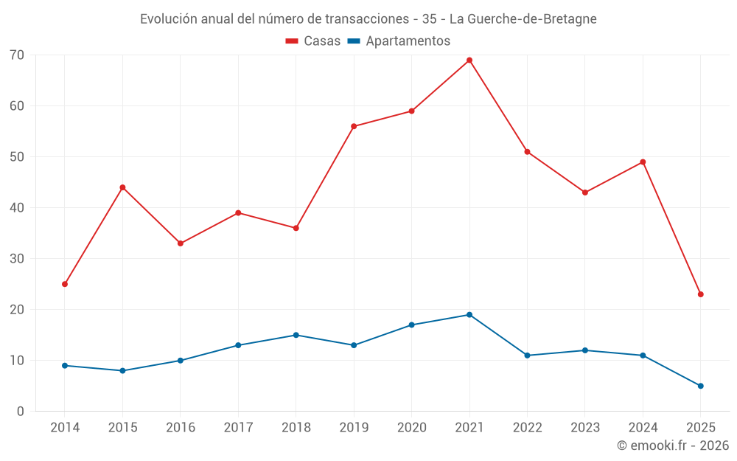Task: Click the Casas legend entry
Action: point(313,41)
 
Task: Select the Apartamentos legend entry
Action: point(399,41)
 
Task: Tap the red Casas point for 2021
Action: point(469,60)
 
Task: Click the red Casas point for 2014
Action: point(65,284)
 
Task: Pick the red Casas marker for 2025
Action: point(701,294)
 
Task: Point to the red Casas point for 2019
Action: point(354,127)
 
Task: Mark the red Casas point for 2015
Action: point(122,187)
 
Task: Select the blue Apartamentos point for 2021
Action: point(469,315)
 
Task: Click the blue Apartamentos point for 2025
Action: point(701,386)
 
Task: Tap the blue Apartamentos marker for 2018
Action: point(296,335)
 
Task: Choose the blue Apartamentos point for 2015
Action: point(122,371)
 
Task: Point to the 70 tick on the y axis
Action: point(17,55)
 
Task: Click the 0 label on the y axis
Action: point(21,412)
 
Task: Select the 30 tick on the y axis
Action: point(17,259)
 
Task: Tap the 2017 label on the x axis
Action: point(238,428)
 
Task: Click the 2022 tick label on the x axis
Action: point(527,428)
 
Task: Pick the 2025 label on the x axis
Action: point(701,428)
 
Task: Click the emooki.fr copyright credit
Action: point(673,446)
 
